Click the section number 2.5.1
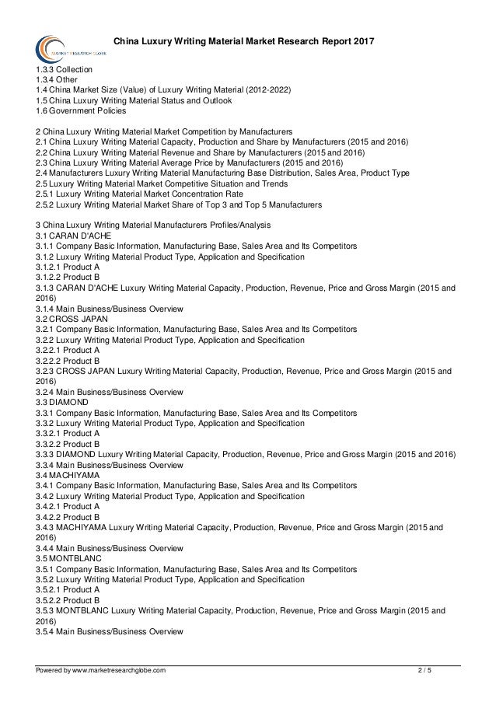pyautogui.click(x=46, y=194)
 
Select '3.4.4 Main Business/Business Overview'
pyautogui.click(x=110, y=548)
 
